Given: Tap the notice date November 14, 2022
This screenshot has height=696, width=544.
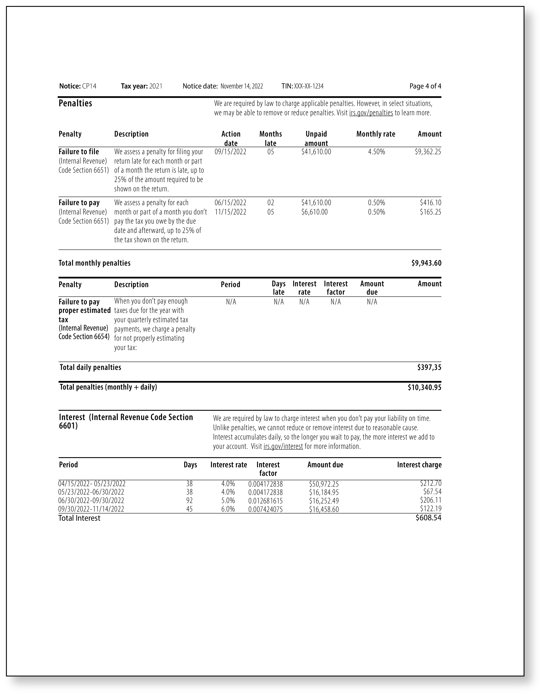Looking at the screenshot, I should pos(242,86).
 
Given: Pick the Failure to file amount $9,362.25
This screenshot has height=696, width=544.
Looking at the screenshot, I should pos(428,152).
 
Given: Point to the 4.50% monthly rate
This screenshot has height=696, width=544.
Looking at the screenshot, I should pos(376,152).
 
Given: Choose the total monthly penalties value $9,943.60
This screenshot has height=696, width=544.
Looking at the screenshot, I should pos(426,263).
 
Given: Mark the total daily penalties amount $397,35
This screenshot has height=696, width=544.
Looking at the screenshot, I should pos(429,367).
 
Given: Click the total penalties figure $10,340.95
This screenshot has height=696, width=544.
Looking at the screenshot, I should pos(424,388).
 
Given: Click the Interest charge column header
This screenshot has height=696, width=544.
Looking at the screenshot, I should pos(419,465).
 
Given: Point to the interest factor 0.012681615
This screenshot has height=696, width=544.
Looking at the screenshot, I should pos(265,501).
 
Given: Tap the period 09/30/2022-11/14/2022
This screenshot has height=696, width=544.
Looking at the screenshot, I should pos(91,509).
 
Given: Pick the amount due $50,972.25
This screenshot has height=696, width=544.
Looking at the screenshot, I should pos(324,484).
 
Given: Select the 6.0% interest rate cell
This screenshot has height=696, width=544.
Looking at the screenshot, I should pos(228,509).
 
